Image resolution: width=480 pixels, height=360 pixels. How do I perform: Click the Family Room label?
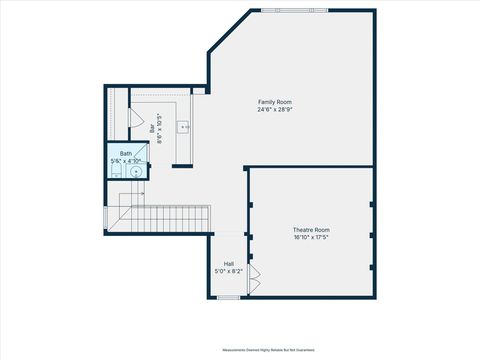pos(275,102)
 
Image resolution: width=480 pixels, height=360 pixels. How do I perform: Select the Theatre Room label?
pos(311,230)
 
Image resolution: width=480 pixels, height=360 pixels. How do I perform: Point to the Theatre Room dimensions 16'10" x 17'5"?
pos(311,237)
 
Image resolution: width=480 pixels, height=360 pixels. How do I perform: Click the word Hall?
pos(229,264)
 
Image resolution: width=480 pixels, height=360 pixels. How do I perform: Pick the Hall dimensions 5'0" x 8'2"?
pos(229,271)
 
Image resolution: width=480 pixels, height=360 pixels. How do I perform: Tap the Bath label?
pos(126,153)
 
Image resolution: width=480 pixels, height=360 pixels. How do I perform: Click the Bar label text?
pos(152,128)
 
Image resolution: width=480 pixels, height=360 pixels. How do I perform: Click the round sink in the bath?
pos(136,171)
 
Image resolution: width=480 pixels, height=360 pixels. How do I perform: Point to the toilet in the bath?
pos(116,172)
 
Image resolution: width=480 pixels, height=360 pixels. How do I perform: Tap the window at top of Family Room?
pos(283,10)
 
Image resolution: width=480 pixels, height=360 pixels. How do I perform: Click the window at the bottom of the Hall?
pos(229,297)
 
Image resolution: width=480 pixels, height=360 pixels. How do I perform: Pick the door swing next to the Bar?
pos(137,116)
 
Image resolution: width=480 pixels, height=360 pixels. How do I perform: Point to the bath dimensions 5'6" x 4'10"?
pos(126,160)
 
